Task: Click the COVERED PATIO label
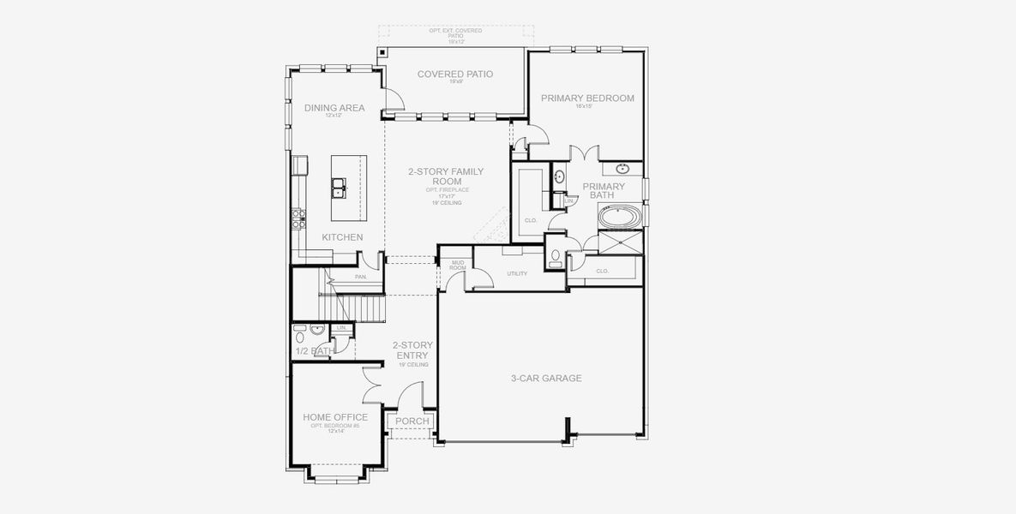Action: point(454,75)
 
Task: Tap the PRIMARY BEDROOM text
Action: point(587,99)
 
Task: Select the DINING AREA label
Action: point(334,108)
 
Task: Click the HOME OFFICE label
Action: point(335,417)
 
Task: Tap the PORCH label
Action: point(412,421)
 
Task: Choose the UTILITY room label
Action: point(516,273)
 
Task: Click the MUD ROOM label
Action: point(458,266)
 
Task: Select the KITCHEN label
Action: point(342,237)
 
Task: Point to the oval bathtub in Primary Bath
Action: point(618,218)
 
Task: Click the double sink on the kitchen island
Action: point(340,188)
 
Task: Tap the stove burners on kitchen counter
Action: point(299,218)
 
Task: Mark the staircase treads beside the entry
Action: point(359,307)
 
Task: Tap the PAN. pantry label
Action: point(361,277)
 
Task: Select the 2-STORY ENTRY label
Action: point(411,350)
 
